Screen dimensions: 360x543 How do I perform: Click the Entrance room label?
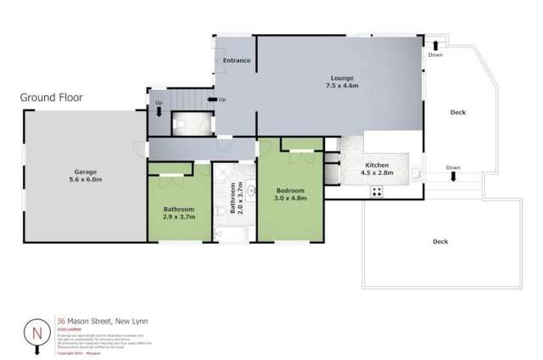236,61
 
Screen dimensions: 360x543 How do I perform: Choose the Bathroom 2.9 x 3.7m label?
179,213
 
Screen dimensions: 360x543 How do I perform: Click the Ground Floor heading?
51,98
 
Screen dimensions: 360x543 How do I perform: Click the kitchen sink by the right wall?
415,173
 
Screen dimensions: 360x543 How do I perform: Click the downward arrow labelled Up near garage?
159,110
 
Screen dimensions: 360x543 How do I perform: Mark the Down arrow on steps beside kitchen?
453,176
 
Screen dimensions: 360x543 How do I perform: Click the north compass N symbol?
35,330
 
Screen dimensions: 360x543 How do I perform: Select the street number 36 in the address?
60,321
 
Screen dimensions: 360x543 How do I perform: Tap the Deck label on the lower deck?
439,242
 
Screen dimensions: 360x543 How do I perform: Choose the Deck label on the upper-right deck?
458,112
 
